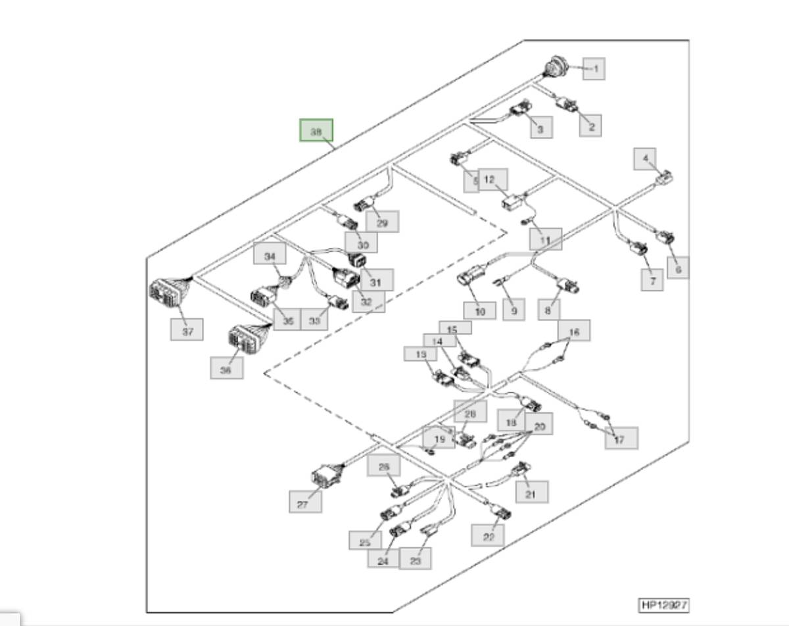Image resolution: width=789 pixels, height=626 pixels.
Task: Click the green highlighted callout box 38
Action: point(316,130)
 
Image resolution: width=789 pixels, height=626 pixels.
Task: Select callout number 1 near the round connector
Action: point(594,68)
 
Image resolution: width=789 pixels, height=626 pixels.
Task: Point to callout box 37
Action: point(187,330)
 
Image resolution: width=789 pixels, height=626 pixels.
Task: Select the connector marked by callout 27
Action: point(325,476)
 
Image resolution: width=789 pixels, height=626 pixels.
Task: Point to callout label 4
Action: point(645,159)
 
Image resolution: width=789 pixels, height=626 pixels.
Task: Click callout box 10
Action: point(479,310)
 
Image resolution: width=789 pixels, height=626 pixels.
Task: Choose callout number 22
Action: point(488,535)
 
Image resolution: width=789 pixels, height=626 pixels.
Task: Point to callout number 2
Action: point(590,126)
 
